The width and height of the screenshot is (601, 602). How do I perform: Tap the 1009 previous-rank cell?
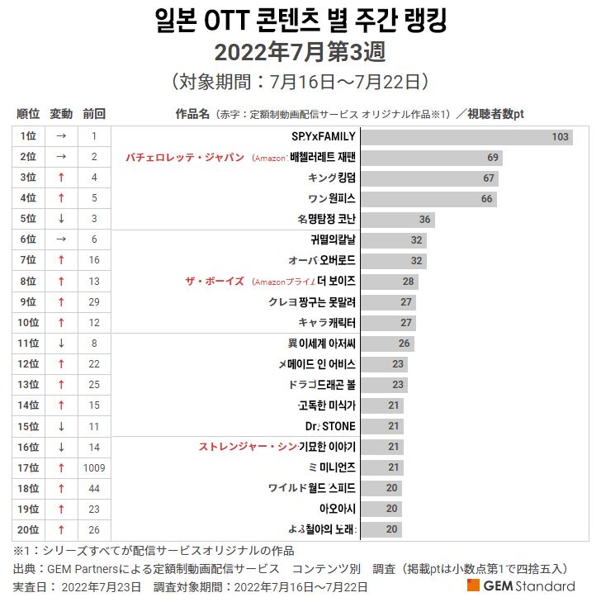pos(94,467)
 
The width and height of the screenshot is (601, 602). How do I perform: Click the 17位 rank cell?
pos(28,467)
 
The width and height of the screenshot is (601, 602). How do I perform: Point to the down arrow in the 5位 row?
pos(61,219)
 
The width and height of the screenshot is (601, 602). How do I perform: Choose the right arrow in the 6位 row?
pos(61,239)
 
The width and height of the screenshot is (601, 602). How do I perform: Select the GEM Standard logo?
pos(521,585)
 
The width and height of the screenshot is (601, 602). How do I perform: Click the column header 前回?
pos(94,113)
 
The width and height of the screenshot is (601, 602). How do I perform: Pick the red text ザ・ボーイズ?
pos(215,282)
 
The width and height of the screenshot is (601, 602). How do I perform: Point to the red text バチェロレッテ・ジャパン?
pos(185,157)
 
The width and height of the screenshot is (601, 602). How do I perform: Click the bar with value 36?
pos(397,219)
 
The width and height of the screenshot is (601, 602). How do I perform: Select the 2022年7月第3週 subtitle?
pos(300,52)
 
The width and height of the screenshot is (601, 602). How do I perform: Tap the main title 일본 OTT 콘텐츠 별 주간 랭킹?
pos(300,20)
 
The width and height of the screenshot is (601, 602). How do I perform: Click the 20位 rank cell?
pos(28,529)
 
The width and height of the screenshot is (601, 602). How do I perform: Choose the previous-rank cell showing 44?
pos(94,488)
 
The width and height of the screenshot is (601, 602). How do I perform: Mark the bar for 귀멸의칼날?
pos(393,239)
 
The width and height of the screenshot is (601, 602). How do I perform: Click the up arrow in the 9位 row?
pos(61,302)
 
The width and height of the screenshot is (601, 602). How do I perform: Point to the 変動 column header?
pos(61,113)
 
